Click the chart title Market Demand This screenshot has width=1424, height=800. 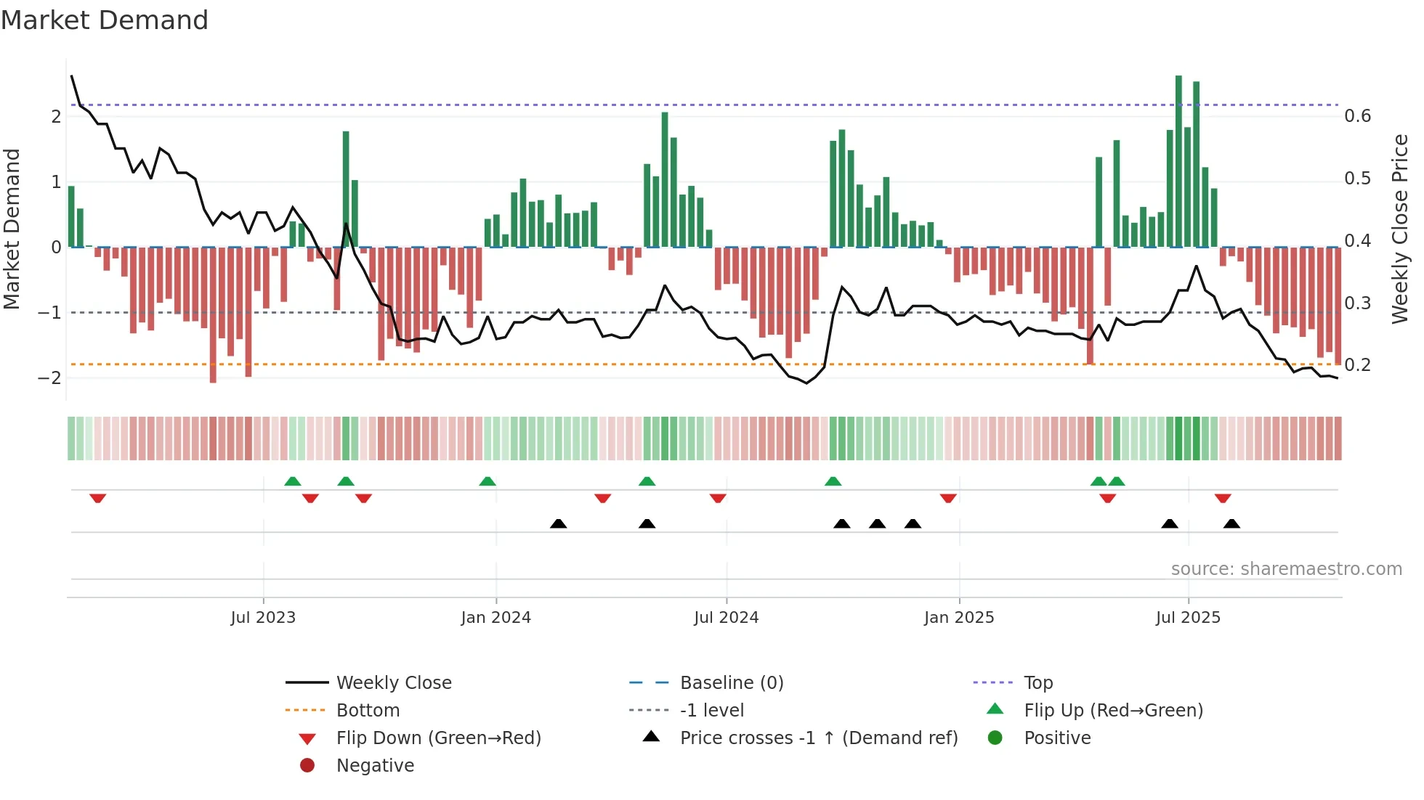[x=105, y=20]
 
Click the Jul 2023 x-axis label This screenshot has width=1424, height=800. [x=263, y=618]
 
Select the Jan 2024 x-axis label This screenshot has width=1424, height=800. [x=496, y=618]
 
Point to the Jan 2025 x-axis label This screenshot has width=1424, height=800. [x=959, y=618]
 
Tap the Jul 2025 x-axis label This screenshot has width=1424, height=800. [x=1189, y=618]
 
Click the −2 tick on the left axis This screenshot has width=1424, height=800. [x=49, y=378]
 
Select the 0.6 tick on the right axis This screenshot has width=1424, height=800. [x=1357, y=116]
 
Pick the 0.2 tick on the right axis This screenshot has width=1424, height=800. [x=1357, y=365]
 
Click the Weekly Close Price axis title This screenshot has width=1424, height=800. [x=1400, y=229]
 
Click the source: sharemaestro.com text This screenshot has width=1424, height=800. [x=1286, y=569]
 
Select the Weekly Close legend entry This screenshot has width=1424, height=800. [x=394, y=683]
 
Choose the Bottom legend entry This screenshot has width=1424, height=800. [x=368, y=711]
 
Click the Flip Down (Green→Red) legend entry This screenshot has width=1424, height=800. [x=438, y=738]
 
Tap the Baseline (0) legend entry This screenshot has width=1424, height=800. [x=732, y=683]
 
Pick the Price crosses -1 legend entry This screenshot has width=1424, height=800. [x=819, y=738]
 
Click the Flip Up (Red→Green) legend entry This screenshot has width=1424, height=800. [x=1113, y=711]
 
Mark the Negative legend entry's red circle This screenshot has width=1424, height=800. [x=307, y=766]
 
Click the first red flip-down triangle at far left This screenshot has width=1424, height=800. [x=98, y=498]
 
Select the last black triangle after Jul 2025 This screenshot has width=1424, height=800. [x=1231, y=523]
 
